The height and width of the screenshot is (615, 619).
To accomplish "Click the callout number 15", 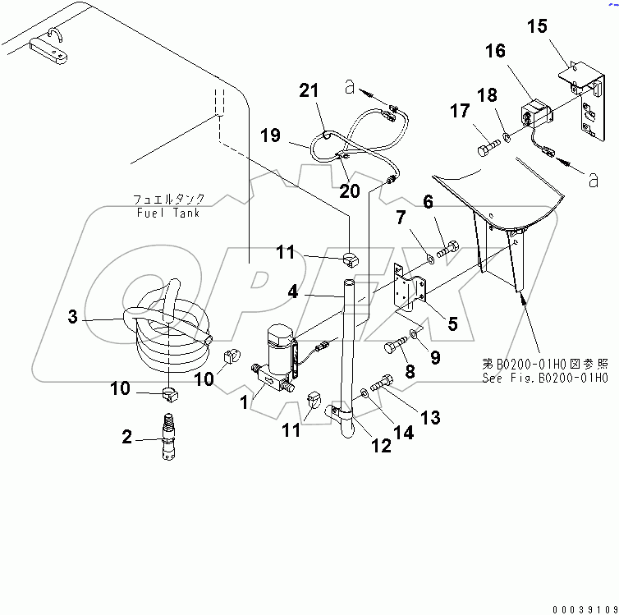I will tap(537, 26).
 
